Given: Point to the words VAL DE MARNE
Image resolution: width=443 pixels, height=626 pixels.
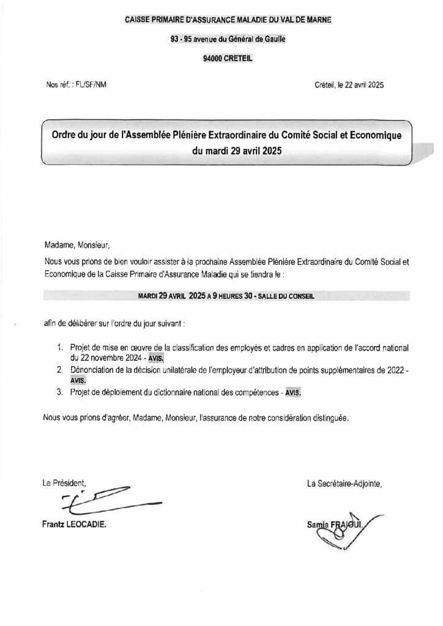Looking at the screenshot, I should click(305, 20).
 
